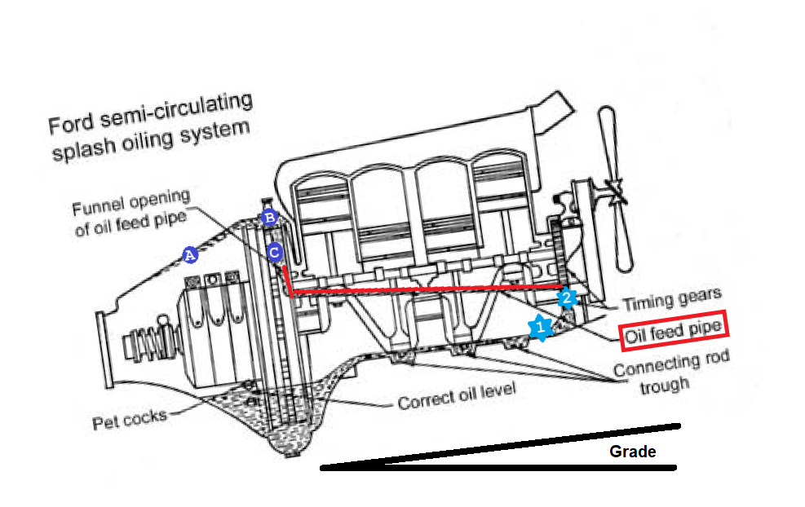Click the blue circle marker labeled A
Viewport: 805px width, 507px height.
(x=189, y=255)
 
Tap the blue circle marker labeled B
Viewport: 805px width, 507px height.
(x=268, y=218)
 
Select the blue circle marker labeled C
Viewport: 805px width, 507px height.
(x=275, y=252)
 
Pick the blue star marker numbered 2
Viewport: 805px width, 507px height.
(x=567, y=298)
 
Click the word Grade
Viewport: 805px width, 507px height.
(x=632, y=452)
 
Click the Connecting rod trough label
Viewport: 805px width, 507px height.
(x=671, y=371)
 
